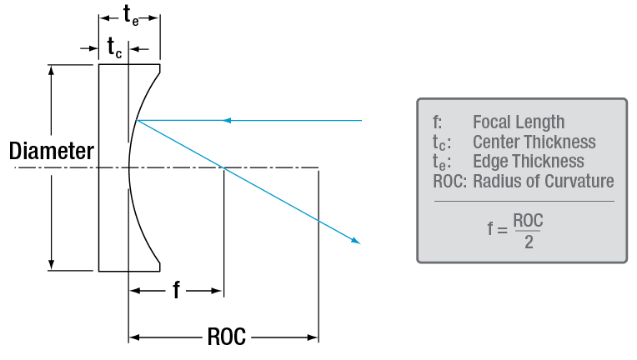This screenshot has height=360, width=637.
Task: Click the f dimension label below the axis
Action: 176,290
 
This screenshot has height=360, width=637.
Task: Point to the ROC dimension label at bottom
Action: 225,337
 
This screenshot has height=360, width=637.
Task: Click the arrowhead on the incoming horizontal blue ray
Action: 226,121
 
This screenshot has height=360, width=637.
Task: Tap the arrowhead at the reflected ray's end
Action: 357,241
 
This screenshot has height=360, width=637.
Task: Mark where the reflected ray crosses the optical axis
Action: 223,168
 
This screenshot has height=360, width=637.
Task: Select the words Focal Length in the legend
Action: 518,122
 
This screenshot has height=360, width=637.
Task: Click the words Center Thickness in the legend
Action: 534,142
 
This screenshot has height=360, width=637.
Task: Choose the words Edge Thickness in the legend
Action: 528,162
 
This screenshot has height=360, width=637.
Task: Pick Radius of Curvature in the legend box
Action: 543,182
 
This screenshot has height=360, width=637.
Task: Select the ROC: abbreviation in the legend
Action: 443,182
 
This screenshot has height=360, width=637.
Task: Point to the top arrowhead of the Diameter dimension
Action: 52,70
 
